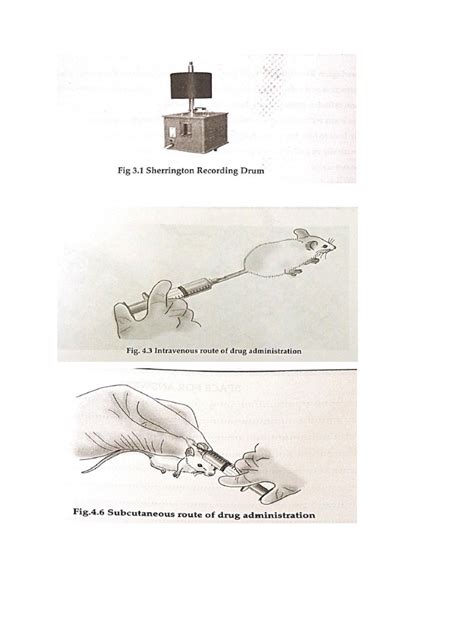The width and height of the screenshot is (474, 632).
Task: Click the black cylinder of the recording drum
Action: pos(191,85)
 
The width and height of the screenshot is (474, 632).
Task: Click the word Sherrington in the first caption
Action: pos(176,169)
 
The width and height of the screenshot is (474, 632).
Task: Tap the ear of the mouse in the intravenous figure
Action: pos(301,235)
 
